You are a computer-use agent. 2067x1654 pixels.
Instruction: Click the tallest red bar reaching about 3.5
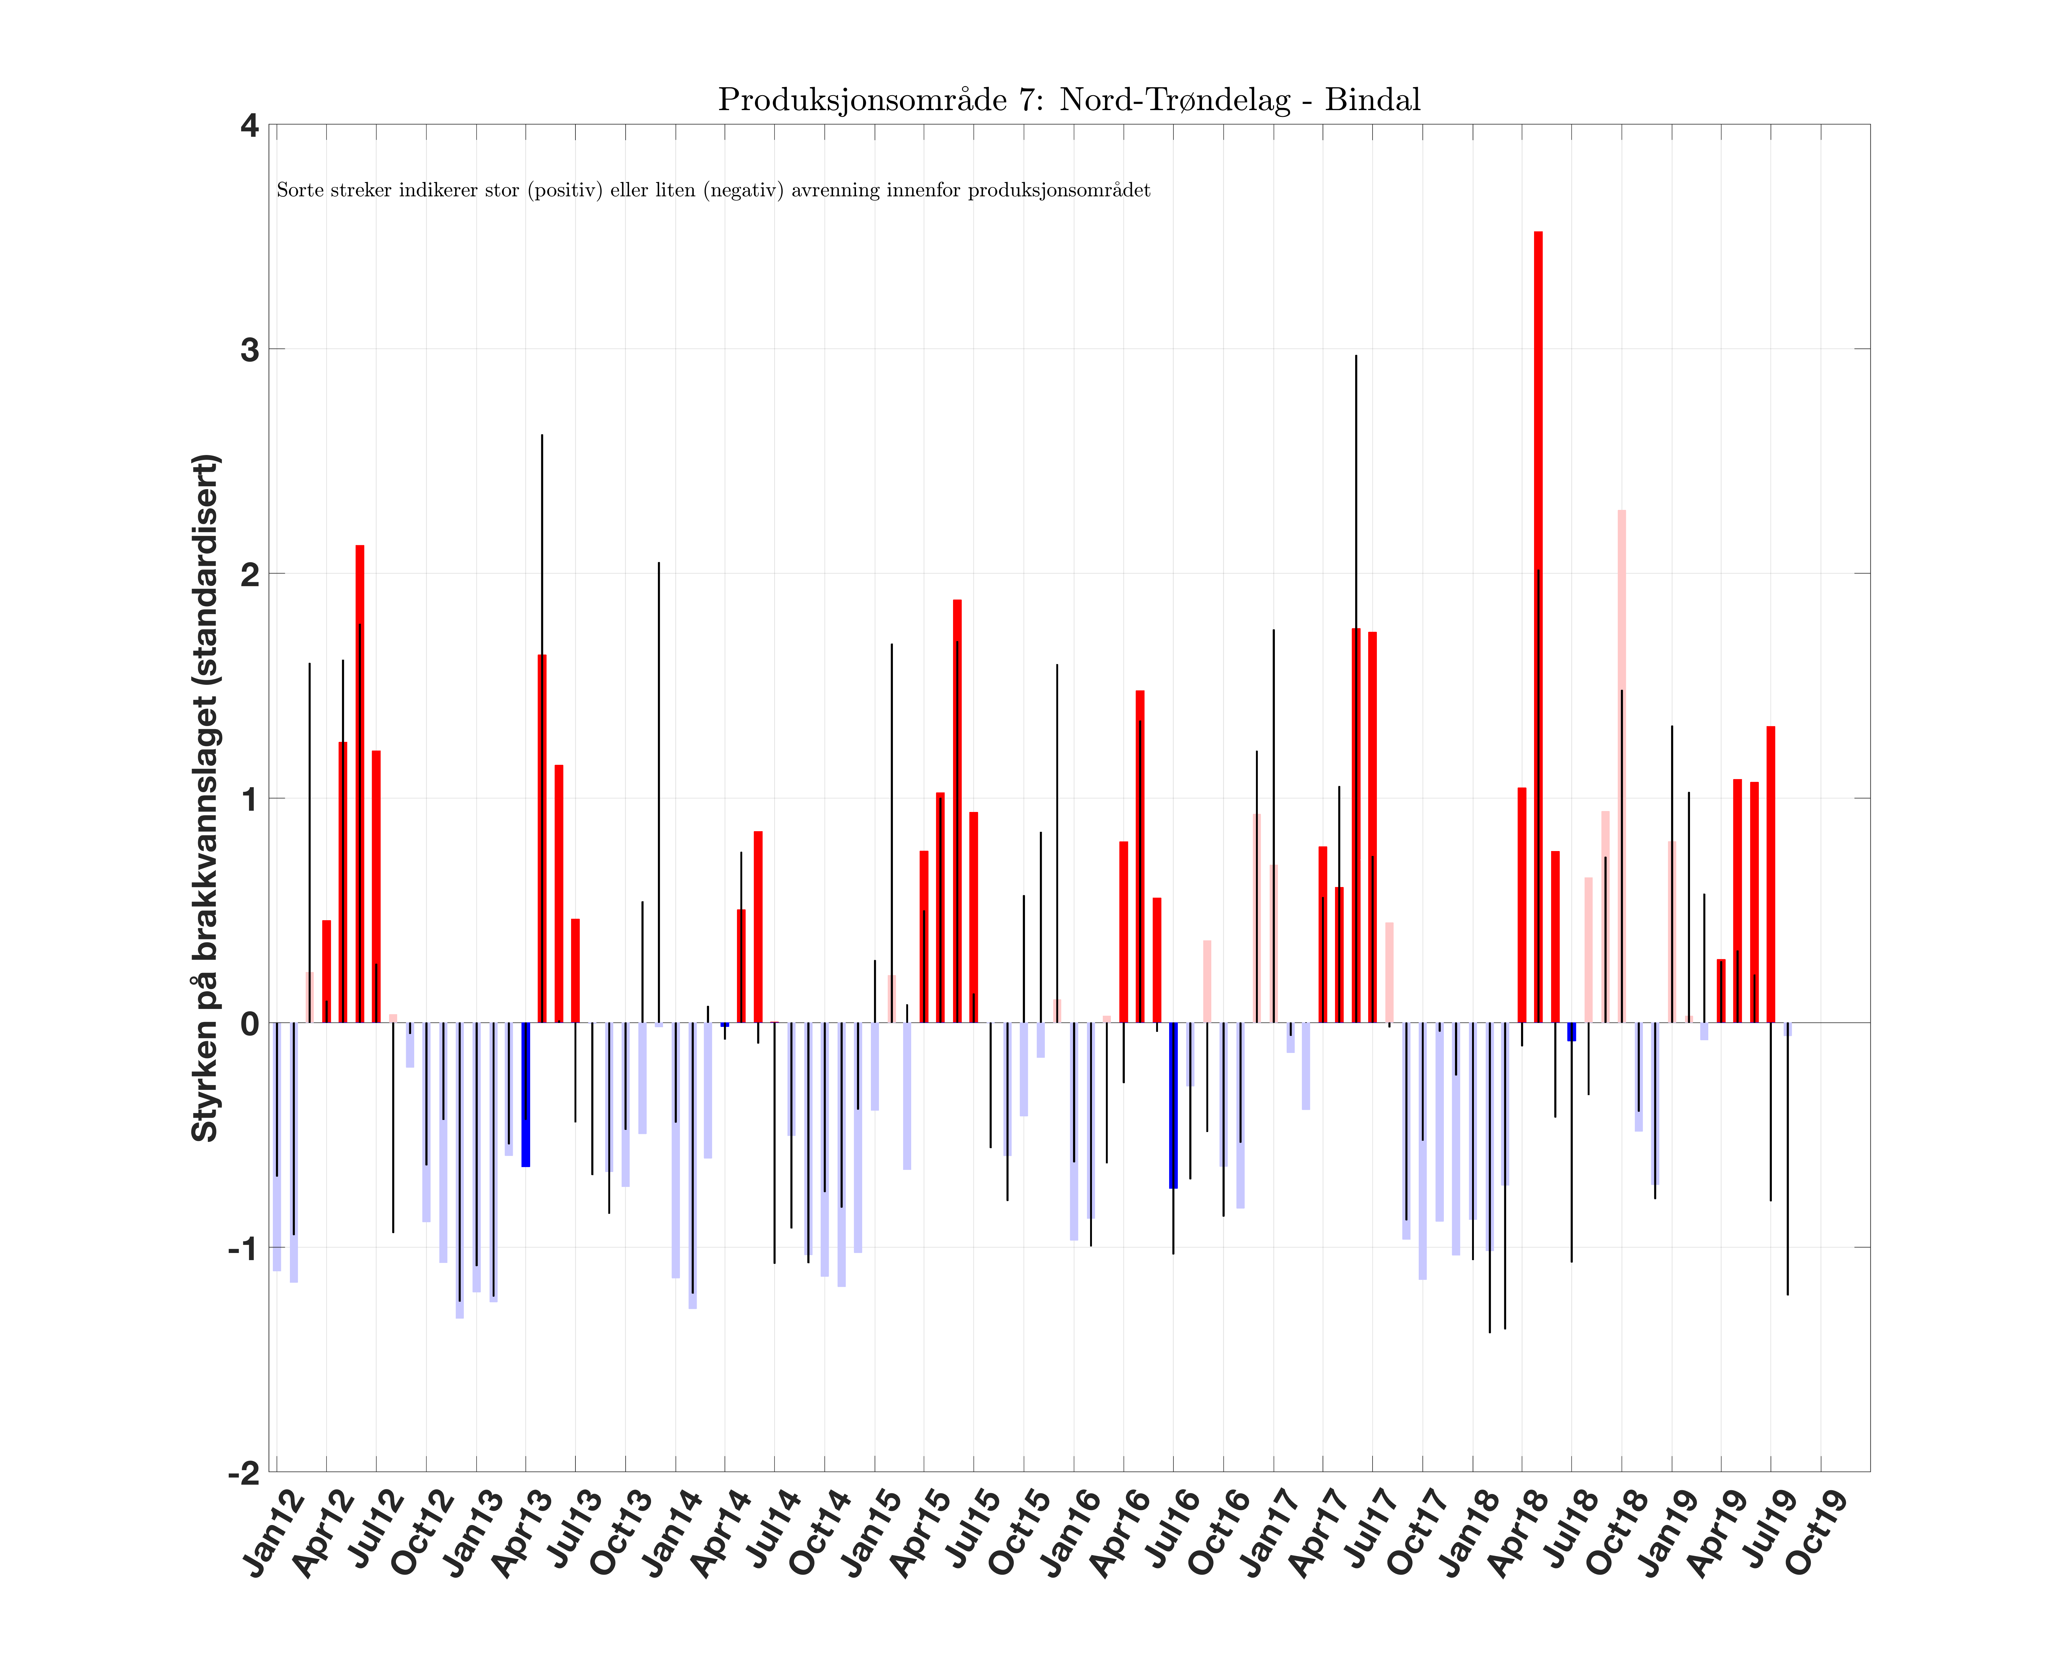click(1538, 623)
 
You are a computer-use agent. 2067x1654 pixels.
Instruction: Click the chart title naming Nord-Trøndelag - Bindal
click(1069, 100)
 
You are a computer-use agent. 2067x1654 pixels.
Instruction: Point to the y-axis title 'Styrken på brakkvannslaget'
click(206, 798)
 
